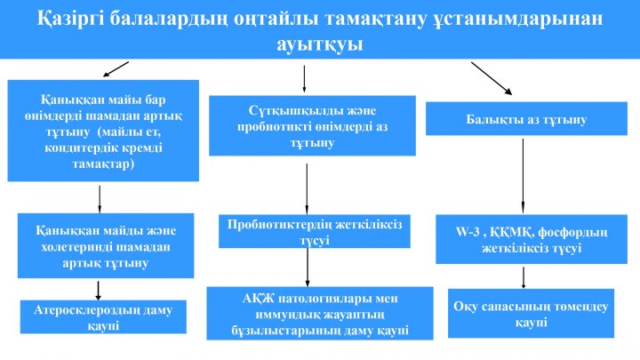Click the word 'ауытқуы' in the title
320,44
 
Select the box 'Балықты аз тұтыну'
526,118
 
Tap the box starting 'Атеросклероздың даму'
103,316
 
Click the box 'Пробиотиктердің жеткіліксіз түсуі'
315,231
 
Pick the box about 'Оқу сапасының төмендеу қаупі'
531,314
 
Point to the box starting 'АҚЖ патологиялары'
320,314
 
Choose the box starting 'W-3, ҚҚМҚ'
532,239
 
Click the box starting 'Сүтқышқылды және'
312,125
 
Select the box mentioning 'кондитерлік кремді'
103,131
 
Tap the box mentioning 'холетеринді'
106,245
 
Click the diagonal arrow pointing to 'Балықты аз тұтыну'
492,79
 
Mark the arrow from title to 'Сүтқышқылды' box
304,79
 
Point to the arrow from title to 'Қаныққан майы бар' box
116,69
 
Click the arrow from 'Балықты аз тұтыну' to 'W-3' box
523,176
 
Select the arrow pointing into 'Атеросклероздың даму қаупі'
98,290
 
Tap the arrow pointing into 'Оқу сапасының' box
524,278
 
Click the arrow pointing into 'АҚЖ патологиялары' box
308,268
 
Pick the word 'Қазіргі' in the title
70,19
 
